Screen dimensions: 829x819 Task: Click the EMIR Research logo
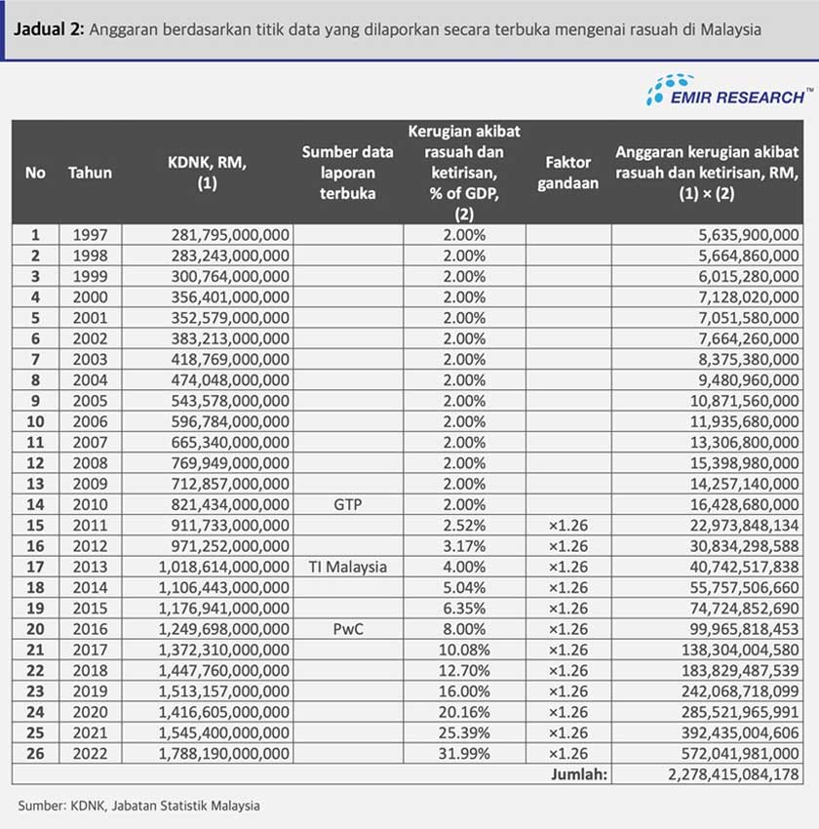point(727,91)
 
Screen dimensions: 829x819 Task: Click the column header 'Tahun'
point(90,173)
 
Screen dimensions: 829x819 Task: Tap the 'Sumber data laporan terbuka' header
point(348,173)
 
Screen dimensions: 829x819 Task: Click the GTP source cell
point(348,504)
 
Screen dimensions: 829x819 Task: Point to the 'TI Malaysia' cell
point(348,567)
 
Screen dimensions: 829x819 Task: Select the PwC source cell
point(348,629)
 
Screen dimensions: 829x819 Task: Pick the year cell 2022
point(90,753)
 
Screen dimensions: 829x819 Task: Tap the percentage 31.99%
point(464,753)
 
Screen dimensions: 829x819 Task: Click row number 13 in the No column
point(36,484)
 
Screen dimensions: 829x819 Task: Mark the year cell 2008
point(90,463)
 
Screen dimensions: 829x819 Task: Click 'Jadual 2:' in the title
point(48,29)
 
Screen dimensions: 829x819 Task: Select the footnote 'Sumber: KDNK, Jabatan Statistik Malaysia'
point(139,806)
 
